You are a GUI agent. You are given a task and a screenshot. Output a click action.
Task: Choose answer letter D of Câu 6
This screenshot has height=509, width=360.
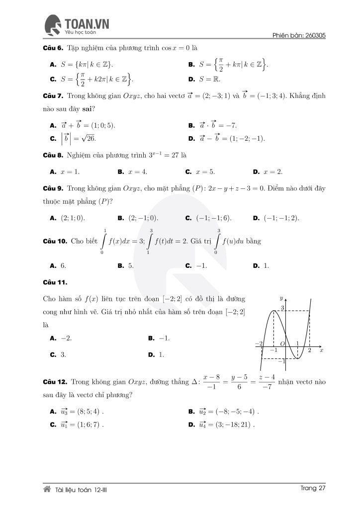191,79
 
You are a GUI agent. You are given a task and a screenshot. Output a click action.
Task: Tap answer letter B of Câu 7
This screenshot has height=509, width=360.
191,126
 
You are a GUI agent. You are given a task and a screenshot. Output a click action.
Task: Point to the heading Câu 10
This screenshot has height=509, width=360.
54,241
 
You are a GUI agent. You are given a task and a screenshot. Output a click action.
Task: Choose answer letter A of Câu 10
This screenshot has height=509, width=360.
53,265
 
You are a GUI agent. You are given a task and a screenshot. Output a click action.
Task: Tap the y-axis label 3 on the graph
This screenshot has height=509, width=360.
282,309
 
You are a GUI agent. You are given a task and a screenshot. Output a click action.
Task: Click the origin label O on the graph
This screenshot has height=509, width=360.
281,343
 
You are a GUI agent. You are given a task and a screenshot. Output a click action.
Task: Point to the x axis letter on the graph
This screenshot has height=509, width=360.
322,350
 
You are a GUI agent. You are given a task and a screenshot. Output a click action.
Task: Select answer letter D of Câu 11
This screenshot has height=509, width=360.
151,355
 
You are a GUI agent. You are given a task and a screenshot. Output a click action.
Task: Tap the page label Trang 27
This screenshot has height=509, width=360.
313,488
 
